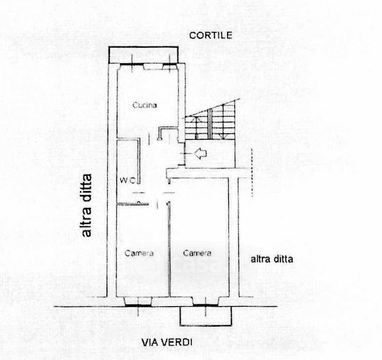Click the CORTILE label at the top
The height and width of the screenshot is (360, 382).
(211, 36)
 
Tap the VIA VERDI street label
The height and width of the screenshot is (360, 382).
(167, 343)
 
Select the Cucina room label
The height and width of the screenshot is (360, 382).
(145, 105)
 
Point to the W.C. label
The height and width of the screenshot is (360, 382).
(128, 180)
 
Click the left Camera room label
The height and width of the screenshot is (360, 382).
(139, 253)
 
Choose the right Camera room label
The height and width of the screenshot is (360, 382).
(197, 253)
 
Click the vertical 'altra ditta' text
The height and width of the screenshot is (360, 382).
(86, 205)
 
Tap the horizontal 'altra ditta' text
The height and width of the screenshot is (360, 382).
(272, 259)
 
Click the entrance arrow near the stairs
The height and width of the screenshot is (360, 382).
(201, 153)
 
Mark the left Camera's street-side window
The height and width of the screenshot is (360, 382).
(138, 305)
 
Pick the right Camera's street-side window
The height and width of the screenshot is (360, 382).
(206, 305)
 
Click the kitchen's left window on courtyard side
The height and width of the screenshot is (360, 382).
(132, 65)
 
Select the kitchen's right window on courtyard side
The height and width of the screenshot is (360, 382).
(170, 65)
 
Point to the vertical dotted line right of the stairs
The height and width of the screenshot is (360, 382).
(252, 172)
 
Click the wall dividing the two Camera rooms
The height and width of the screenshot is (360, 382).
(169, 249)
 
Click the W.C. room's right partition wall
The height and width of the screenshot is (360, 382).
(138, 161)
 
